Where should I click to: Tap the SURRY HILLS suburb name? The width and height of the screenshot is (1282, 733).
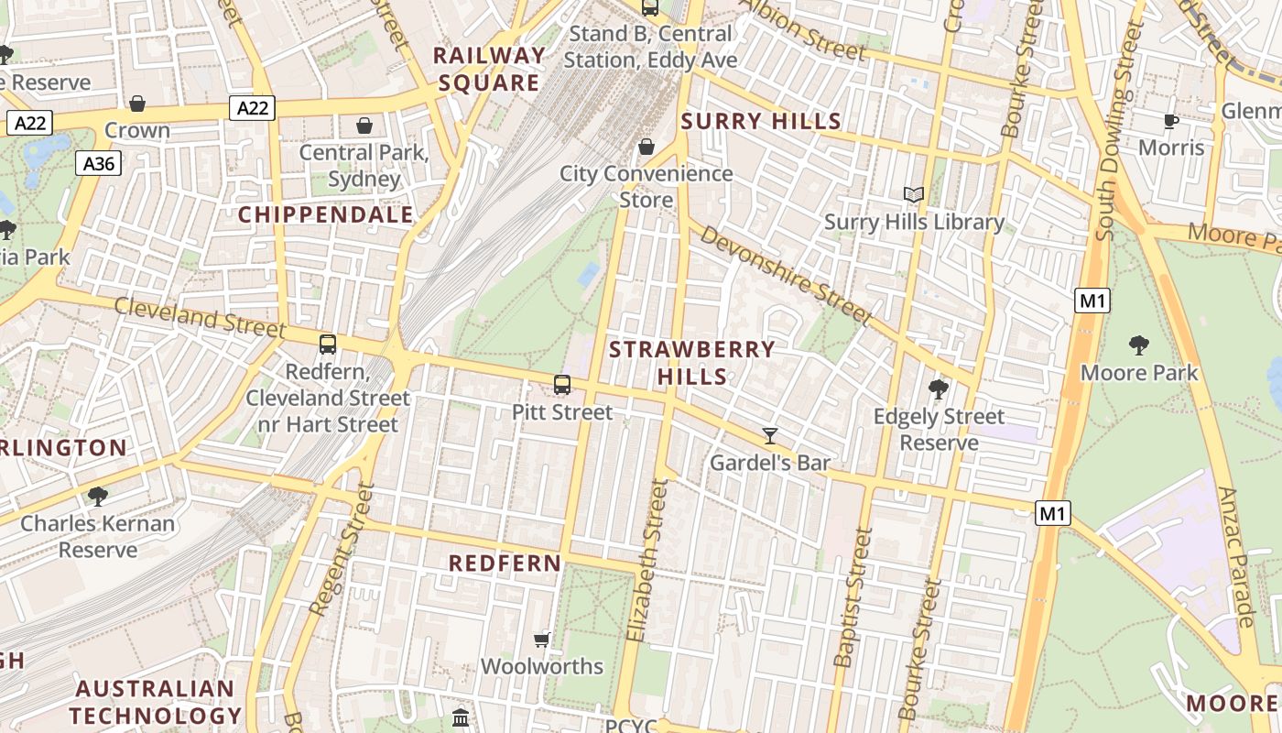click(760, 121)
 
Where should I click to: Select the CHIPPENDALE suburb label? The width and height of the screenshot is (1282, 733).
click(325, 215)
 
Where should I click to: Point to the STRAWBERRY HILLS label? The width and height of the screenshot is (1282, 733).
click(692, 363)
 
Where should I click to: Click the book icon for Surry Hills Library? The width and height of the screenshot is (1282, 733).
click(913, 194)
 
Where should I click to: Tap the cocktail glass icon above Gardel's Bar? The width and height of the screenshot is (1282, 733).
click(770, 435)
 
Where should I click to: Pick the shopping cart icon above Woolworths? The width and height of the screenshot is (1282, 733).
click(541, 639)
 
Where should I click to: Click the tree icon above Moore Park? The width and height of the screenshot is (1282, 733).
click(1139, 345)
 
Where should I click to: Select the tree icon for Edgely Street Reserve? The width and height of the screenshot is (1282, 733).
click(938, 389)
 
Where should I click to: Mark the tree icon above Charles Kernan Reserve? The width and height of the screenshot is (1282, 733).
click(97, 497)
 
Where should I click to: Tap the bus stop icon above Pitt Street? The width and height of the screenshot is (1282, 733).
click(562, 385)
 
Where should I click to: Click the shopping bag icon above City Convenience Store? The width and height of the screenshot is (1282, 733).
click(646, 147)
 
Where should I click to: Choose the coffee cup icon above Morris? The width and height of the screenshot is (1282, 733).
click(1170, 121)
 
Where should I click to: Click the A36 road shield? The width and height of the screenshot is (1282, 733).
click(98, 164)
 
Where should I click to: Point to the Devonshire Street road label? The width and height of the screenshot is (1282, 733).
click(787, 275)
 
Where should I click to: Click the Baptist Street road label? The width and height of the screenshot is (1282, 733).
click(851, 597)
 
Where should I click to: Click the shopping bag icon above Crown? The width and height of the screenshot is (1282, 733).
click(137, 104)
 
